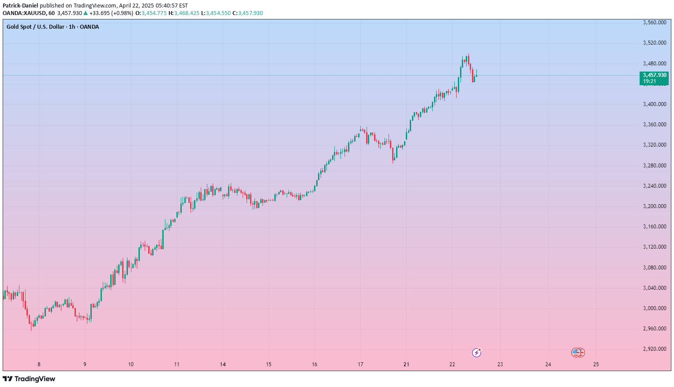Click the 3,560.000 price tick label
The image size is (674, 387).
(655, 23)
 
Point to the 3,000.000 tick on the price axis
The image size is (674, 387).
(655, 308)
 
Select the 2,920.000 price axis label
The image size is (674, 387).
(655, 349)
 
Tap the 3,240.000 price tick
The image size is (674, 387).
(655, 186)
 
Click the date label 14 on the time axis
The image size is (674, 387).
(223, 364)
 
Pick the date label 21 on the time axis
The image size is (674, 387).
(406, 364)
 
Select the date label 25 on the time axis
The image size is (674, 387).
(596, 364)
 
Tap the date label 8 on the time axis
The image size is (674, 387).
(39, 364)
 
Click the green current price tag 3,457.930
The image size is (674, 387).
(655, 75)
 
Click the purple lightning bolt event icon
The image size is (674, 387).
(476, 353)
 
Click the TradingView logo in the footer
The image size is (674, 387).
(29, 379)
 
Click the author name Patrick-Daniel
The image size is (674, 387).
(20, 6)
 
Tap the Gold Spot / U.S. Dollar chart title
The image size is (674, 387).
(53, 27)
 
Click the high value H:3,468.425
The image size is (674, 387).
(184, 13)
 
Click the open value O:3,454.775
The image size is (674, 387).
(151, 13)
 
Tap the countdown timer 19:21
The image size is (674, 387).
(649, 81)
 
